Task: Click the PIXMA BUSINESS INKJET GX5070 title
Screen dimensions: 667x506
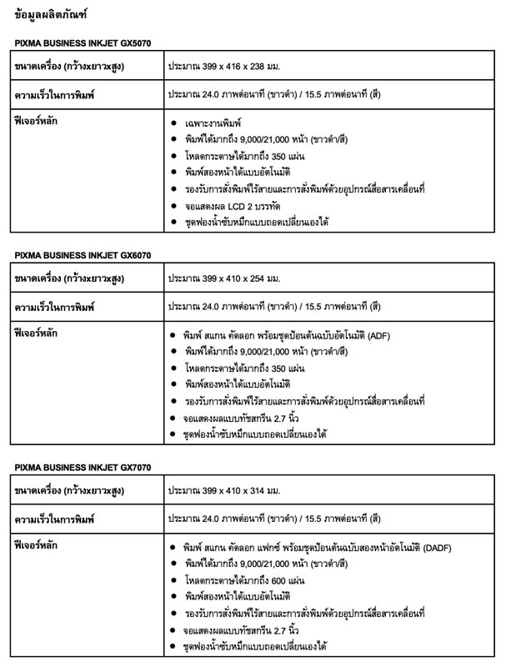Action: pos(83,43)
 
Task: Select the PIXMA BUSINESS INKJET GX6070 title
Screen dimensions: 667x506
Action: pos(83,254)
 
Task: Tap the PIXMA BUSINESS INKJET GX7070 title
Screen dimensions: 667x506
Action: pos(83,466)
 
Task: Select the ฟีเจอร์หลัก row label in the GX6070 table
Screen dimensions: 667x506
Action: pos(38,333)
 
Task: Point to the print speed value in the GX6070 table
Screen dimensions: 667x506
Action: pos(274,308)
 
